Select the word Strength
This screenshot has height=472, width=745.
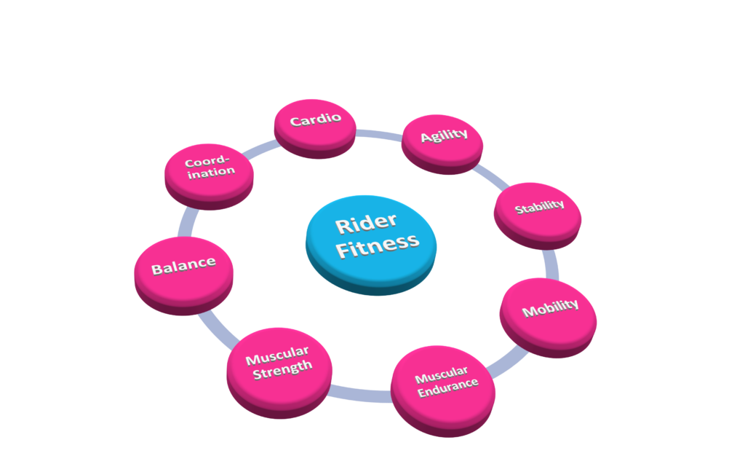point(283,369)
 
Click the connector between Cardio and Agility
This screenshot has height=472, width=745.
point(378,135)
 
